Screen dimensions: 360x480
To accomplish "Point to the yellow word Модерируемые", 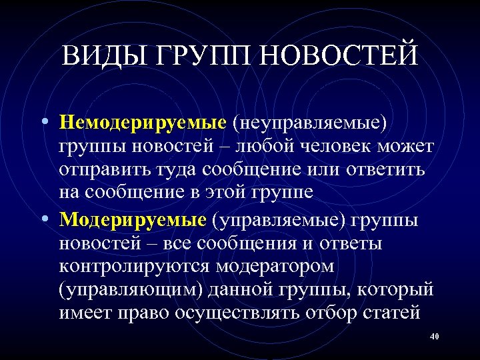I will [x=132, y=219].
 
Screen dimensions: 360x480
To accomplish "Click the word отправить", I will [x=98, y=170].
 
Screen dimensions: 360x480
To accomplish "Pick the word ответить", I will [x=386, y=170].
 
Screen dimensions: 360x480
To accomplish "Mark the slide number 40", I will [x=435, y=336].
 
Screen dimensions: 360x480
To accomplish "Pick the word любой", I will [x=262, y=146].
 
